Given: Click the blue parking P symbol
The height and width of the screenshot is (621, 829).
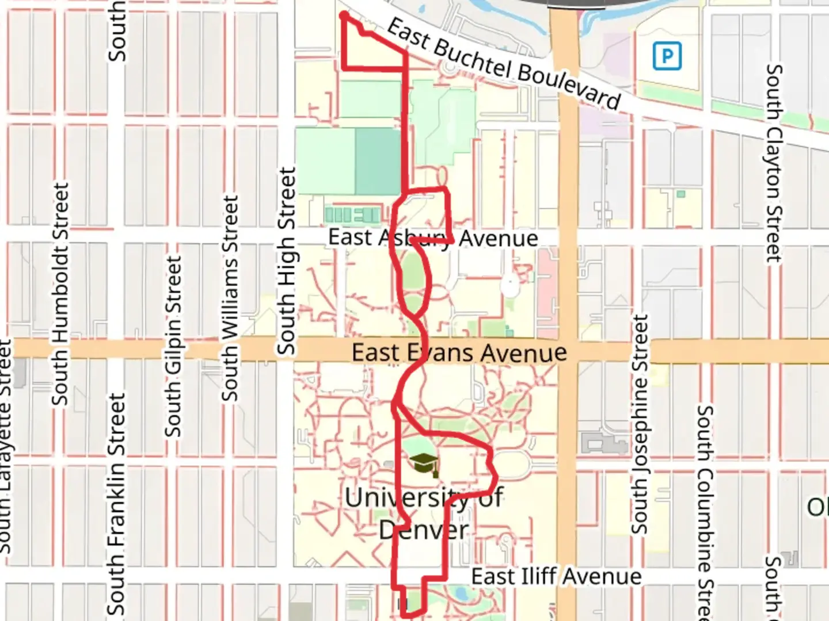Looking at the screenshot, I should (667, 56).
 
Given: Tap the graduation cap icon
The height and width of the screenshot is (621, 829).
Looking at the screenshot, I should (423, 463).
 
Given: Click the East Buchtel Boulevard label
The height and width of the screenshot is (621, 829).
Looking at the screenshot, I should (503, 64).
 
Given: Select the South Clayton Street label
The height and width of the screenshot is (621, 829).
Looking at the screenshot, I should (774, 163).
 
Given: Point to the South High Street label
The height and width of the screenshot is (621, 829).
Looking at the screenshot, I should (286, 261).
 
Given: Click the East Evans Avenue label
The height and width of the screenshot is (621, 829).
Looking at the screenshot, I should (459, 352).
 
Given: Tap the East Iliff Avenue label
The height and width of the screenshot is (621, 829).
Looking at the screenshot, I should (556, 576).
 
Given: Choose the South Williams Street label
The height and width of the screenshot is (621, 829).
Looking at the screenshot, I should (230, 298).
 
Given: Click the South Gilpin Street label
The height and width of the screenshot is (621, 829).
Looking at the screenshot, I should (173, 346).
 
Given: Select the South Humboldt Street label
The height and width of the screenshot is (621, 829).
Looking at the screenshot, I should (60, 294).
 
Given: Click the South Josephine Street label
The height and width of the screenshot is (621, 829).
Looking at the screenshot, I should (640, 424).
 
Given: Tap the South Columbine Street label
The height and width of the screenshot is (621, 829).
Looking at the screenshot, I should (706, 512).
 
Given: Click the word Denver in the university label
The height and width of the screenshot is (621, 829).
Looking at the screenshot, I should (424, 530).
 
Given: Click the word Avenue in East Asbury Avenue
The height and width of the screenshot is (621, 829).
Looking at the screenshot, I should (499, 238).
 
